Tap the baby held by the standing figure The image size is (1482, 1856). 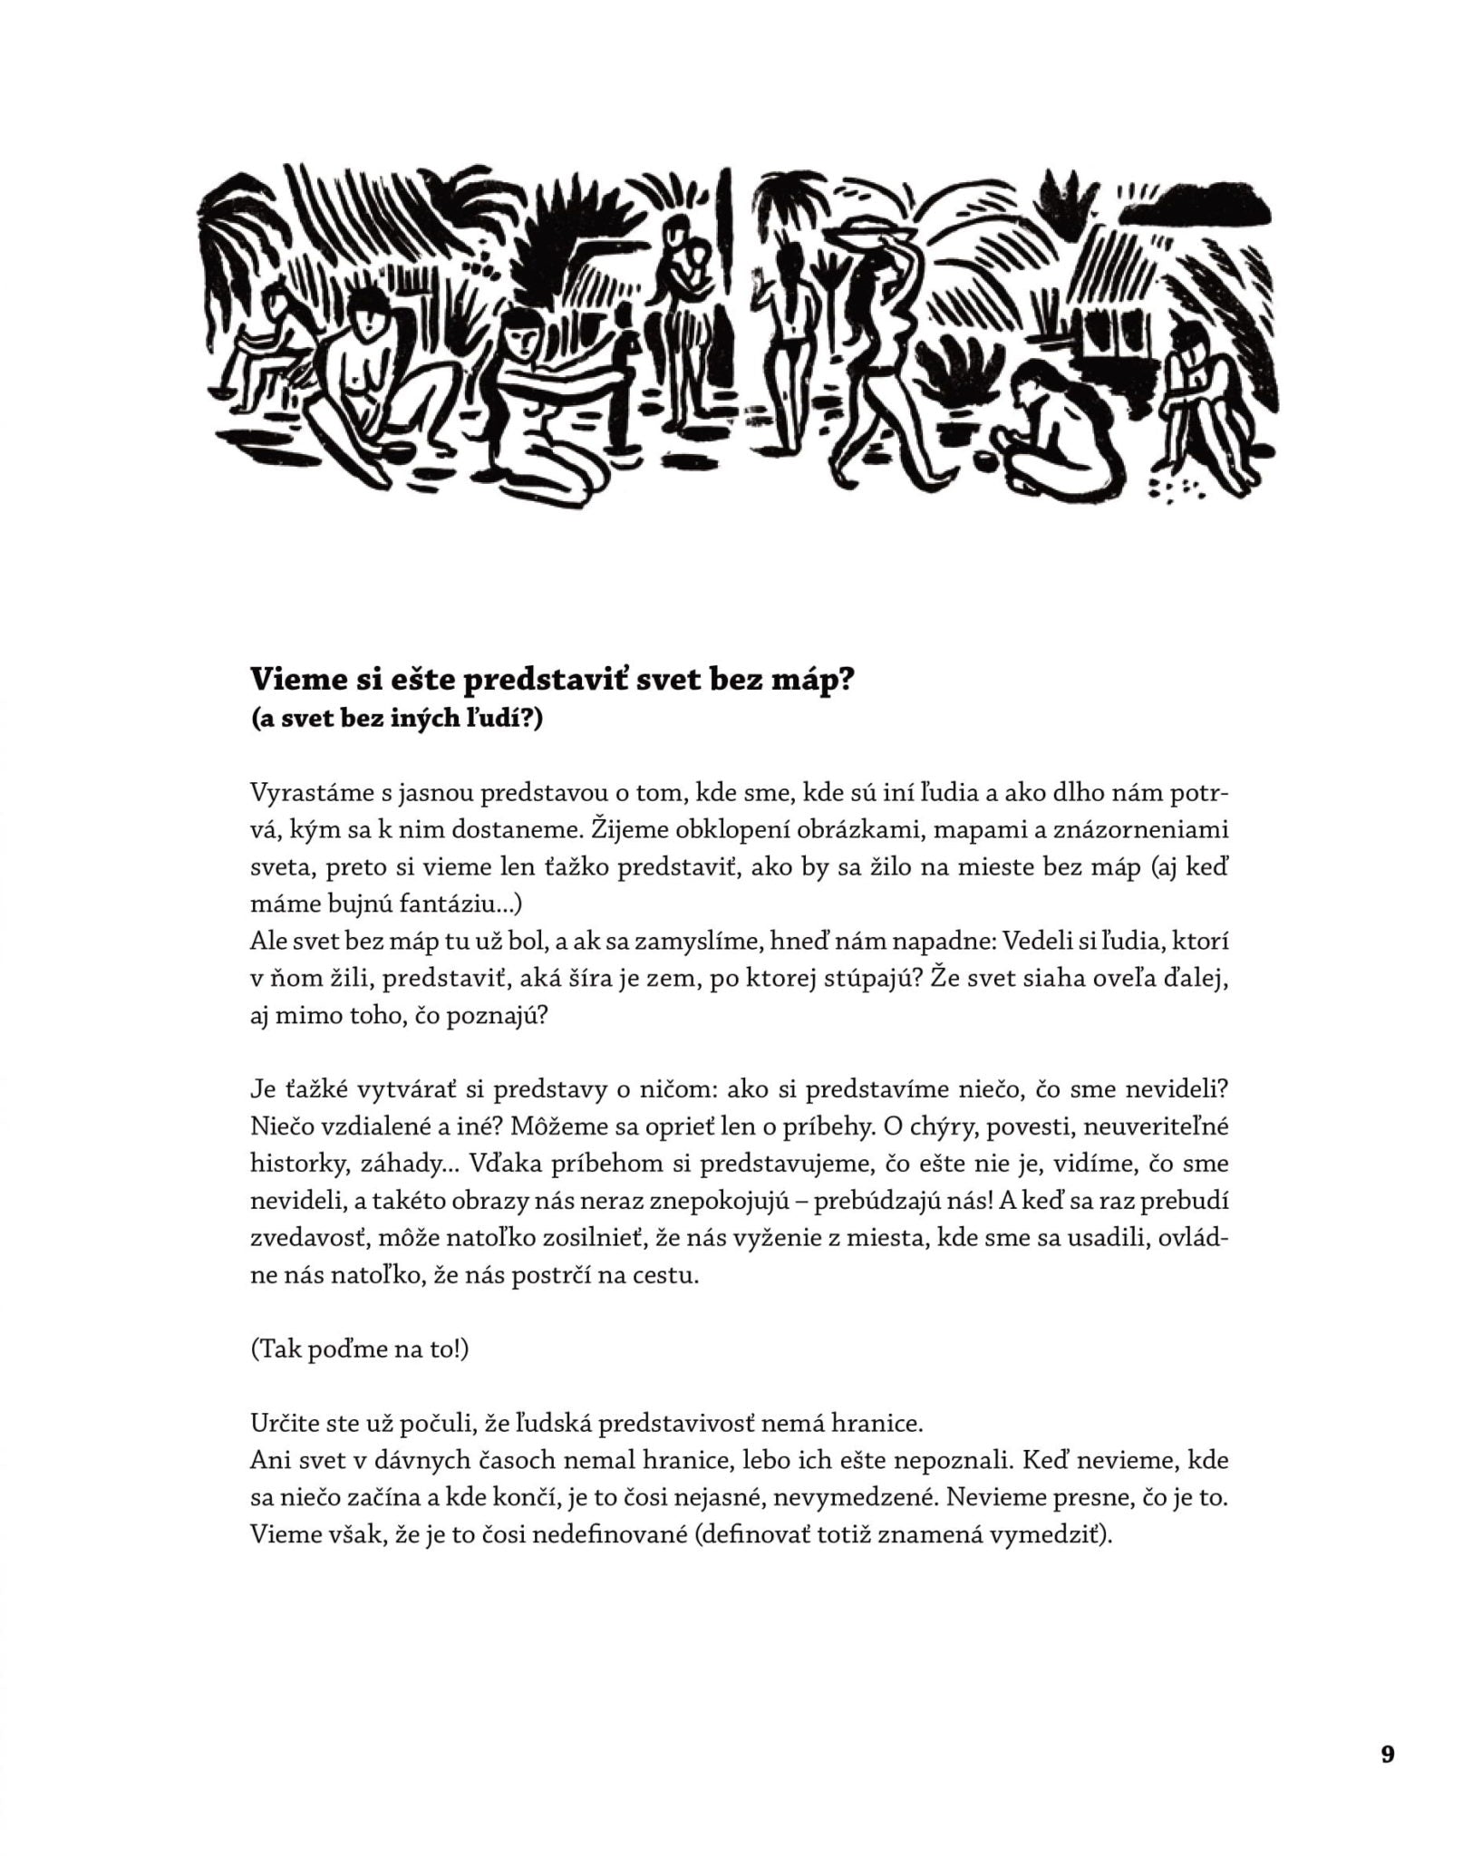696,270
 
